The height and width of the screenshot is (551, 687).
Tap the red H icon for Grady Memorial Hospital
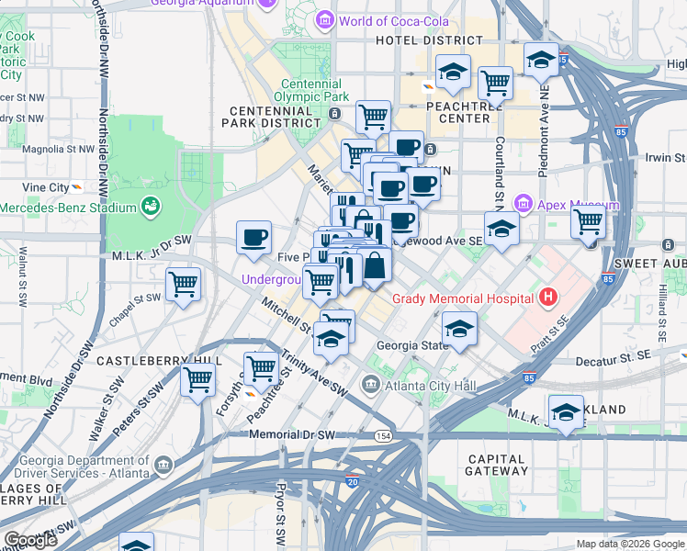(x=549, y=297)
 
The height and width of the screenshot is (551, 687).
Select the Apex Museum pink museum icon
(x=524, y=203)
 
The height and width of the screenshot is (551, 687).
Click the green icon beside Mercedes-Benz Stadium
(x=151, y=206)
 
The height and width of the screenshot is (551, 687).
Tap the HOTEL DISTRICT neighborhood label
(x=429, y=40)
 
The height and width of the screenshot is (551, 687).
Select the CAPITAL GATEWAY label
(x=498, y=464)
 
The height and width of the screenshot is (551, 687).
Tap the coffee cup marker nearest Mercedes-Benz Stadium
(x=253, y=238)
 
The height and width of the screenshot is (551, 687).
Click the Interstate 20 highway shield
(x=353, y=481)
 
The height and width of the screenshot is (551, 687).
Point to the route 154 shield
(x=382, y=434)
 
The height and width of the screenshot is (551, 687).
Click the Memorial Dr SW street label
(x=294, y=433)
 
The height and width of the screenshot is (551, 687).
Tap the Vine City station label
(x=46, y=187)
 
